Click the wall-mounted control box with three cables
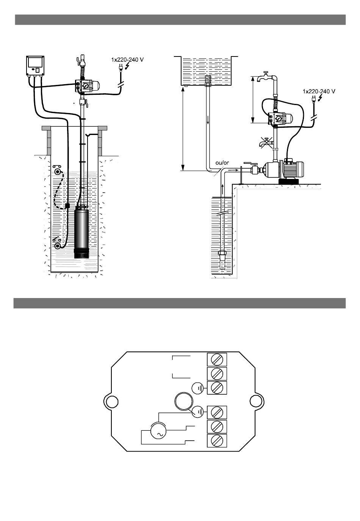[x=35, y=66]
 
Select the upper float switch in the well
[x=57, y=171]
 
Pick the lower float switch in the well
[x=57, y=244]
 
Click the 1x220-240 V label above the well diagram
[x=127, y=60]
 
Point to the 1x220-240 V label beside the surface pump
[x=319, y=91]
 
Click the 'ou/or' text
[x=222, y=163]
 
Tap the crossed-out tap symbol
[x=266, y=142]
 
